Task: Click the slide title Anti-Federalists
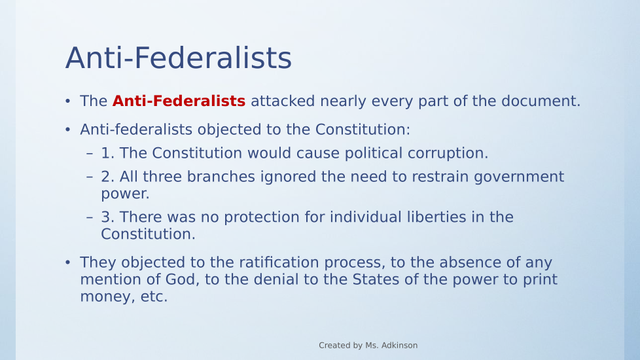pyautogui.click(x=179, y=58)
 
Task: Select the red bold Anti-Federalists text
pyautogui.click(x=179, y=101)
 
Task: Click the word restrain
pyautogui.click(x=440, y=177)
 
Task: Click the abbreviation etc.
pyautogui.click(x=154, y=297)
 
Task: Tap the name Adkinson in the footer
pyautogui.click(x=399, y=346)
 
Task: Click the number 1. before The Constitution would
pyautogui.click(x=108, y=153)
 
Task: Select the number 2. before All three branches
pyautogui.click(x=108, y=177)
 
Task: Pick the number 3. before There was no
pyautogui.click(x=108, y=217)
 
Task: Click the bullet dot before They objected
pyautogui.click(x=68, y=262)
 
